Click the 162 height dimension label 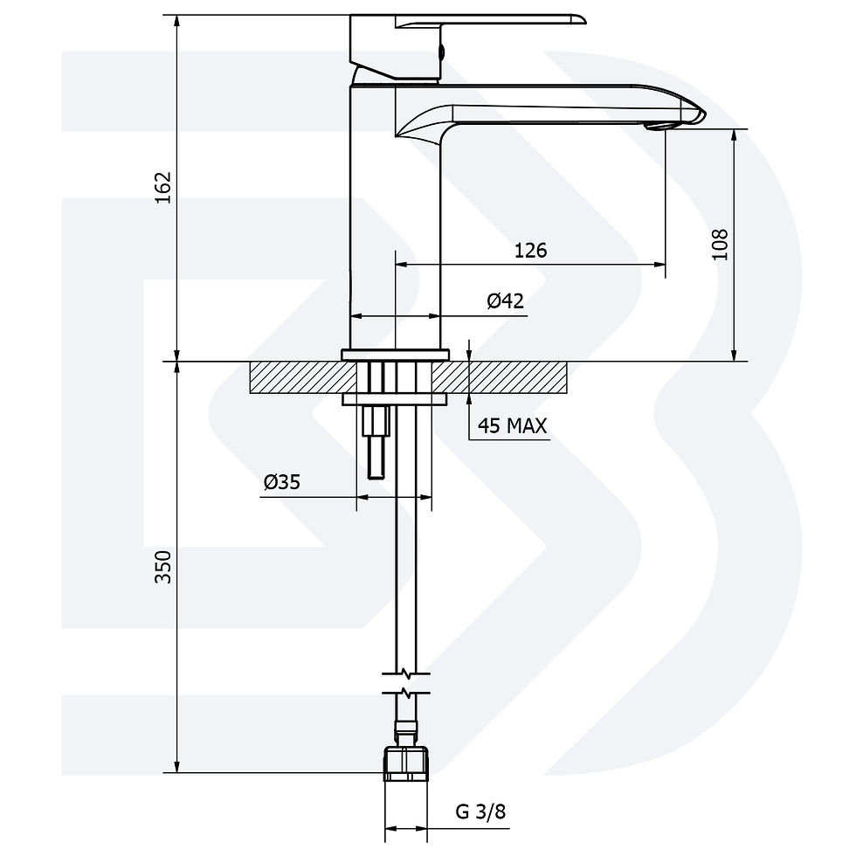coord(163,188)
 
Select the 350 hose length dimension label coord(163,567)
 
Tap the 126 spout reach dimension coord(531,250)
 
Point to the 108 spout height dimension coord(720,245)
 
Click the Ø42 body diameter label coord(505,300)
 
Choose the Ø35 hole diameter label coord(281,482)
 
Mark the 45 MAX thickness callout coord(512,425)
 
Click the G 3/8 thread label coord(480,811)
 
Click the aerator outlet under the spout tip coord(659,127)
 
